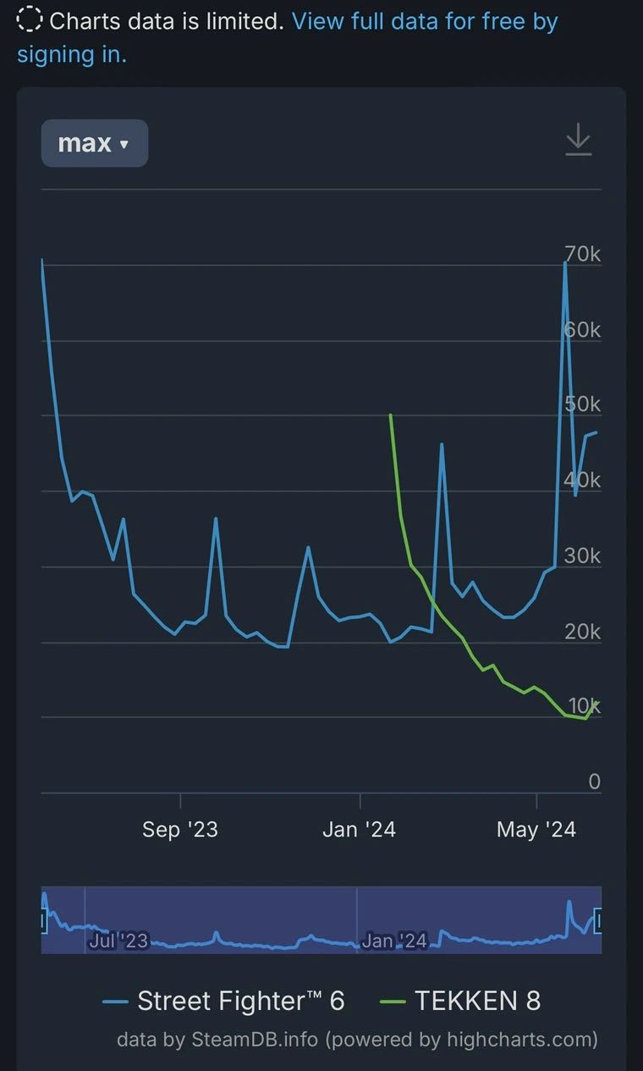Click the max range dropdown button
[94, 143]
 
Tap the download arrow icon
[578, 140]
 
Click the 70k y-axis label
[583, 253]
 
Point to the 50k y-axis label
[583, 404]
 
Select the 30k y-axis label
[583, 555]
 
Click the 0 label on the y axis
[594, 781]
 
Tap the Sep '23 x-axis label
[180, 830]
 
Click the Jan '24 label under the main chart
[359, 830]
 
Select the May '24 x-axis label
[536, 830]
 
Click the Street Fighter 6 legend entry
[224, 1001]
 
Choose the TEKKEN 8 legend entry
[461, 1001]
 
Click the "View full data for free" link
[424, 21]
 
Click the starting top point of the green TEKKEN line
[390, 415]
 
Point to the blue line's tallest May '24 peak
[565, 262]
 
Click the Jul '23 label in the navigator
[118, 941]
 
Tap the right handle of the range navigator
[598, 920]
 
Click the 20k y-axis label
[583, 631]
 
